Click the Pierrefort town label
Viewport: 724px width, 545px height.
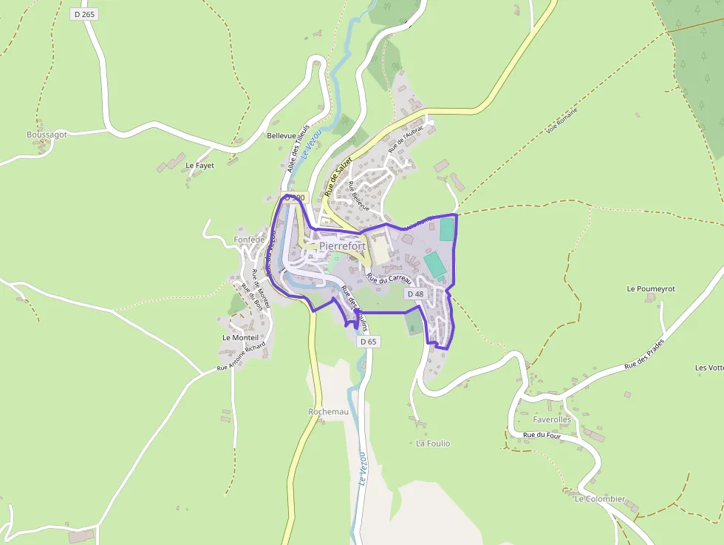pyautogui.click(x=343, y=246)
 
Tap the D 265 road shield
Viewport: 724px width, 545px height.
pyautogui.click(x=85, y=14)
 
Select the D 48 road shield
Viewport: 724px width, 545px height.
pyautogui.click(x=415, y=294)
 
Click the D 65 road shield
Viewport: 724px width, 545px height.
pyautogui.click(x=368, y=342)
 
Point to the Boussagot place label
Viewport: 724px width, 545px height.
pyautogui.click(x=47, y=135)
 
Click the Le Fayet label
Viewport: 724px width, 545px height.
pyautogui.click(x=199, y=166)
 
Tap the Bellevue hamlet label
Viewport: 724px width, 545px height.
pyautogui.click(x=281, y=136)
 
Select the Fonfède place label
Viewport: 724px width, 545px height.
pyautogui.click(x=249, y=240)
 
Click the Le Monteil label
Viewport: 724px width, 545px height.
pyautogui.click(x=241, y=337)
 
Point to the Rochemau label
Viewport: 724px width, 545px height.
pyautogui.click(x=328, y=411)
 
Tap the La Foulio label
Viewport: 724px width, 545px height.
pyautogui.click(x=433, y=444)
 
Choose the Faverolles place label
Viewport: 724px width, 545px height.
pyautogui.click(x=542, y=419)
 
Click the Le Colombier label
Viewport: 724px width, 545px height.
pyautogui.click(x=600, y=499)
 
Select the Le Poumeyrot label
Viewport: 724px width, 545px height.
pyautogui.click(x=651, y=288)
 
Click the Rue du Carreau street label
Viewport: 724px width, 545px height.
pyautogui.click(x=389, y=277)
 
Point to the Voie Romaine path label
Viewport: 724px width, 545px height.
pyautogui.click(x=562, y=121)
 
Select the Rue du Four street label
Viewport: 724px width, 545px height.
pyautogui.click(x=542, y=435)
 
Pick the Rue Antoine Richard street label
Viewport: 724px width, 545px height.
pyautogui.click(x=241, y=356)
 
